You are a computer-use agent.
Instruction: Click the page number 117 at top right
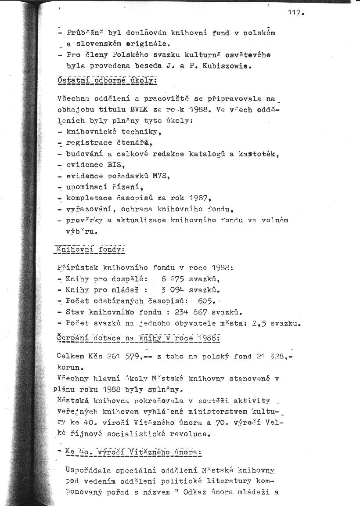(x=295, y=13)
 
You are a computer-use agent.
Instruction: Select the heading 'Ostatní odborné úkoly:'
(x=107, y=81)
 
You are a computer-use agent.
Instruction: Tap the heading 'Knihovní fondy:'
(x=89, y=249)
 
